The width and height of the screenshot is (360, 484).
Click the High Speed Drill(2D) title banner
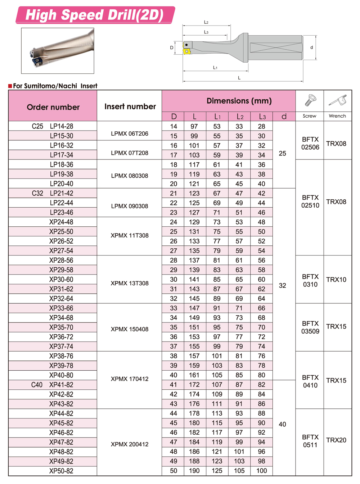95,15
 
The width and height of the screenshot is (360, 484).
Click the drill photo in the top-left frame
58,51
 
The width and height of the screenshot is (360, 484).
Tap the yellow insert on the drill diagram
187,51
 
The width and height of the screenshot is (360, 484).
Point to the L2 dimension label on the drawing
206,22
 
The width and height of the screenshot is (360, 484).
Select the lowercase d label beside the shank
311,48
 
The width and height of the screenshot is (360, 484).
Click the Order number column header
53,107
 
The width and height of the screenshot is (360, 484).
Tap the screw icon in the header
310,100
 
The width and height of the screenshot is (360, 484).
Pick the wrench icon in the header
338,100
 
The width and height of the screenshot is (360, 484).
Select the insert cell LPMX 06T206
130,134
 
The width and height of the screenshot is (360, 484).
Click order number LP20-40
62,184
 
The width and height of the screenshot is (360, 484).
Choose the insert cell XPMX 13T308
130,283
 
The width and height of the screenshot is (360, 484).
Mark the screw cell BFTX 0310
310,280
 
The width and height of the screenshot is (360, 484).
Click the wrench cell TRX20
336,440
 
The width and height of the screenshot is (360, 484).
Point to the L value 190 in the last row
194,471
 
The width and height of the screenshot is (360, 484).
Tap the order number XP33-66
61,308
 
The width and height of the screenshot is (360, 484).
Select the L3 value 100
262,471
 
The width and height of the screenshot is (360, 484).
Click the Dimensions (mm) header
239,101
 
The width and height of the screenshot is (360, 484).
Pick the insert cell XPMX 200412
130,444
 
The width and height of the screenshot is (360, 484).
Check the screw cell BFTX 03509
310,327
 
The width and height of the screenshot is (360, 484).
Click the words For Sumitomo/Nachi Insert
55,86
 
